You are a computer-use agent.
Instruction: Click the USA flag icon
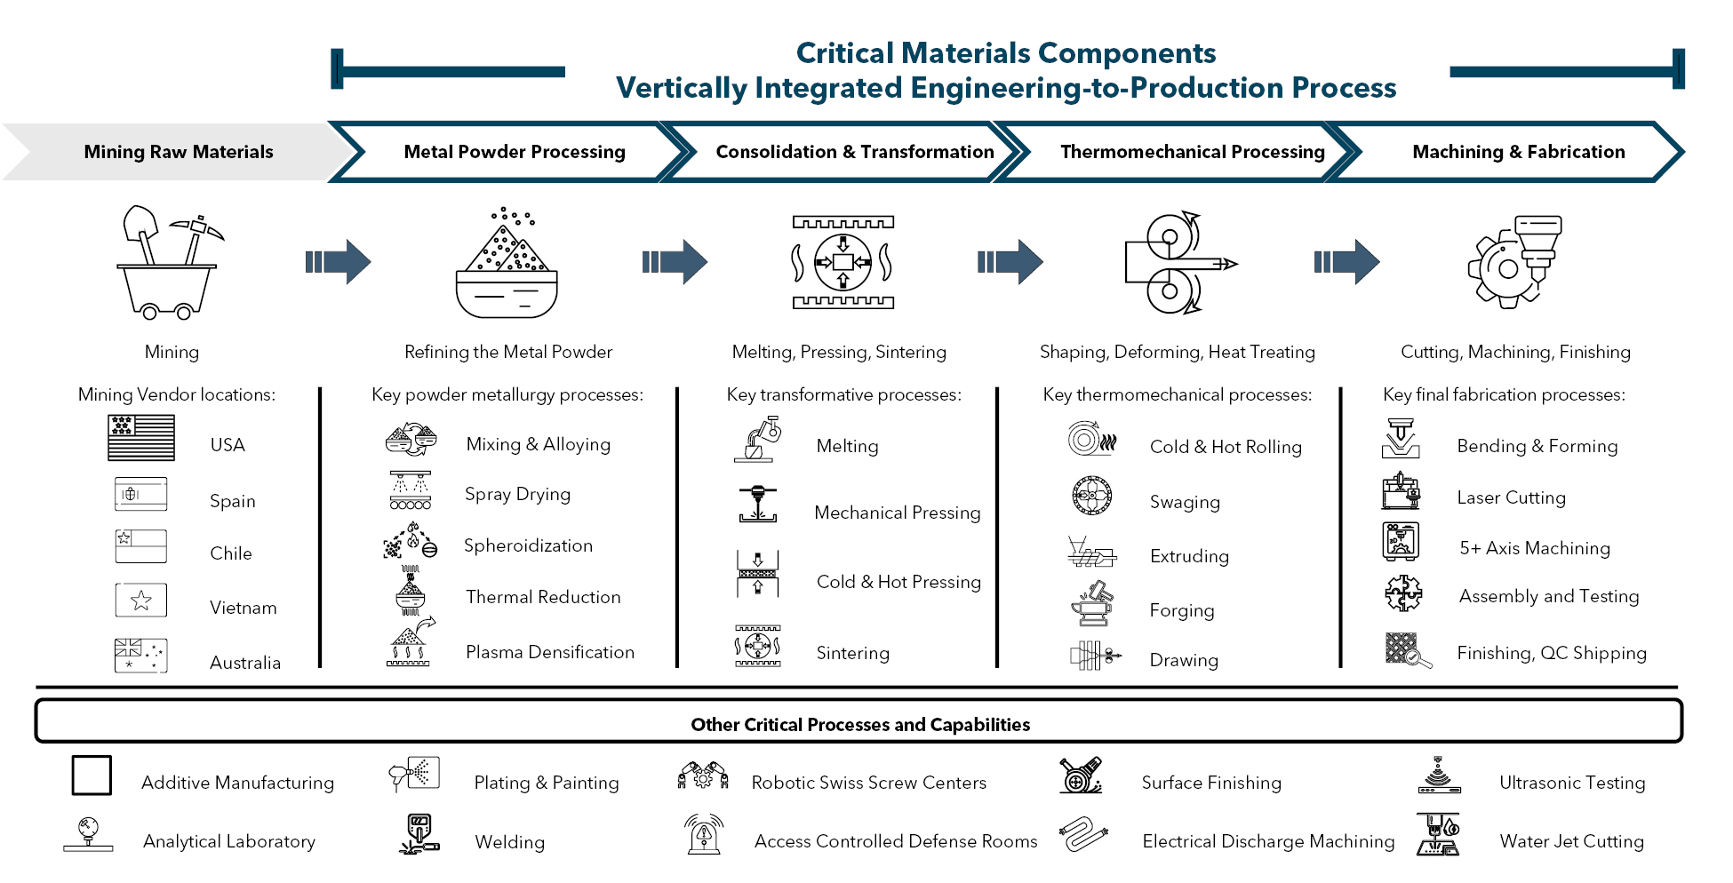[140, 438]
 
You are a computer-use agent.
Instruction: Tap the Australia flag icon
[140, 655]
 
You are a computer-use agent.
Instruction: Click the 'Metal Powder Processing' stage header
[514, 152]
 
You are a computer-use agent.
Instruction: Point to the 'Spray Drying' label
[517, 494]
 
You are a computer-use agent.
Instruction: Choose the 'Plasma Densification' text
[549, 652]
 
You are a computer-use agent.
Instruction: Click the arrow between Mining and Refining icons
[338, 261]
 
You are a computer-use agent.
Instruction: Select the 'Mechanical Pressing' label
[897, 513]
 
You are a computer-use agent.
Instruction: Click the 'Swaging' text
[1185, 502]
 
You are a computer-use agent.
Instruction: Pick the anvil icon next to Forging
[1092, 605]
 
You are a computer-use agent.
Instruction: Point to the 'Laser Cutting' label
[1511, 497]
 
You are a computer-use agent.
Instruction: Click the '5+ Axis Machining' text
[1534, 548]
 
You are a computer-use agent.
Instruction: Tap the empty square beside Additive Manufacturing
[92, 776]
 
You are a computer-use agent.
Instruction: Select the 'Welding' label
[509, 842]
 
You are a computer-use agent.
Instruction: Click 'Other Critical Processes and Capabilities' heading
[859, 725]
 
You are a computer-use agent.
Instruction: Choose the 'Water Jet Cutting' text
[1571, 841]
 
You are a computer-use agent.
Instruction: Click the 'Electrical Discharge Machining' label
[1268, 841]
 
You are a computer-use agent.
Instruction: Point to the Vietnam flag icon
[140, 601]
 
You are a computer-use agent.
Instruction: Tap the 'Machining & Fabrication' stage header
[1518, 152]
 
